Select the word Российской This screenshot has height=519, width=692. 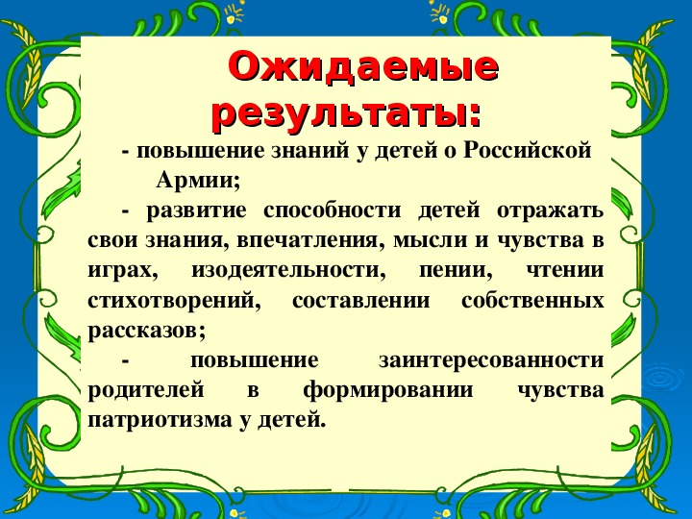[527, 150]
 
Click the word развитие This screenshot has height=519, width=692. [196, 210]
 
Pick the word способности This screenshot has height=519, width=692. [332, 210]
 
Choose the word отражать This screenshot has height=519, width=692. [550, 210]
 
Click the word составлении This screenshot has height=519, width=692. [360, 301]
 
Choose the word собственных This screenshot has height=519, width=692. [532, 301]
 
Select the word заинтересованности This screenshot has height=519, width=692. [491, 360]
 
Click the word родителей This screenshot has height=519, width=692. [146, 391]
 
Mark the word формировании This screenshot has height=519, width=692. [388, 391]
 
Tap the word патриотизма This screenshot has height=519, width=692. [160, 421]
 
